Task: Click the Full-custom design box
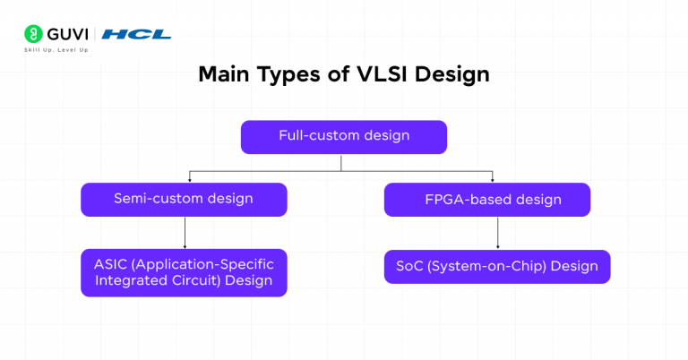click(343, 137)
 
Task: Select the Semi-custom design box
click(184, 200)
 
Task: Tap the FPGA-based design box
click(486, 200)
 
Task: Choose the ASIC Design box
click(184, 272)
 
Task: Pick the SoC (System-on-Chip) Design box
click(497, 267)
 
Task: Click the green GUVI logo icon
click(32, 34)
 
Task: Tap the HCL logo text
click(136, 34)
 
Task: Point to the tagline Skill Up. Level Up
click(56, 49)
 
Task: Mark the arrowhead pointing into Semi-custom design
click(188, 180)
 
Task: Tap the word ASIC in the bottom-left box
click(112, 264)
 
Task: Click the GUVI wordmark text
click(67, 34)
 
